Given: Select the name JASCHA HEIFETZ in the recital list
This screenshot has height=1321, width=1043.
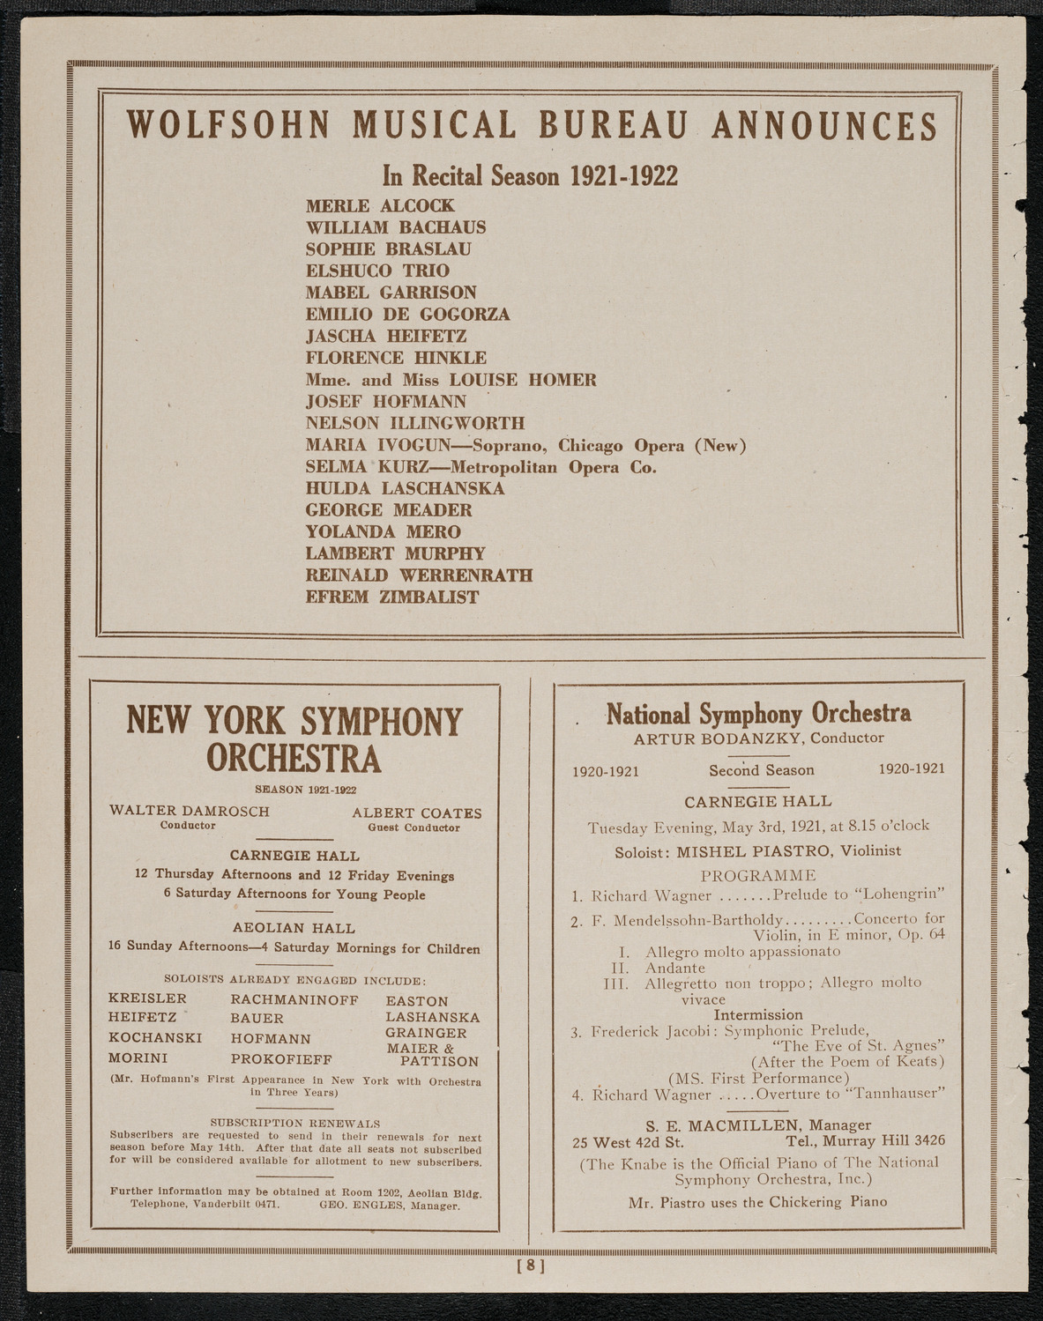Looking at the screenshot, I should (386, 336).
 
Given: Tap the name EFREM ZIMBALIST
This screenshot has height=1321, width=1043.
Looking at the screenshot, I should (392, 597).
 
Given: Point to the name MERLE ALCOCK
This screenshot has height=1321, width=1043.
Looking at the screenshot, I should (380, 205).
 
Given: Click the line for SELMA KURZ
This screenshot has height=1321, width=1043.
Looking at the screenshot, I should (481, 467).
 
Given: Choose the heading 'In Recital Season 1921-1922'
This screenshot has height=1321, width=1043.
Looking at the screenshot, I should (530, 176).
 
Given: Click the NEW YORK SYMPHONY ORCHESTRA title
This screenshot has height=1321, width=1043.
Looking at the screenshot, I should (294, 739).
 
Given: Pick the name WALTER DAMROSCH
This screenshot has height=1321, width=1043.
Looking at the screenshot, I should (190, 811).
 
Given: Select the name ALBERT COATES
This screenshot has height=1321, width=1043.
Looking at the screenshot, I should (417, 813).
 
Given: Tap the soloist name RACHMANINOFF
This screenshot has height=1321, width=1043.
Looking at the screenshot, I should (294, 999).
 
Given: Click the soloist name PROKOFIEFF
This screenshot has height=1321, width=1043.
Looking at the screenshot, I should (281, 1058).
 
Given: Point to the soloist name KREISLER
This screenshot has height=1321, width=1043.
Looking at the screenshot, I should (147, 998).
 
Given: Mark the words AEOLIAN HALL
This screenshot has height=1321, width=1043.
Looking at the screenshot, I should (294, 927).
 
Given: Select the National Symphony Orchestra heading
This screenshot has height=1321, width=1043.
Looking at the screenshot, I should (758, 713).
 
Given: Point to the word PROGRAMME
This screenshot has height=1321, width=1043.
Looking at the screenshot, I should (757, 875).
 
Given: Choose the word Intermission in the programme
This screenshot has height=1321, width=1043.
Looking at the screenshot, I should (758, 1014).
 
